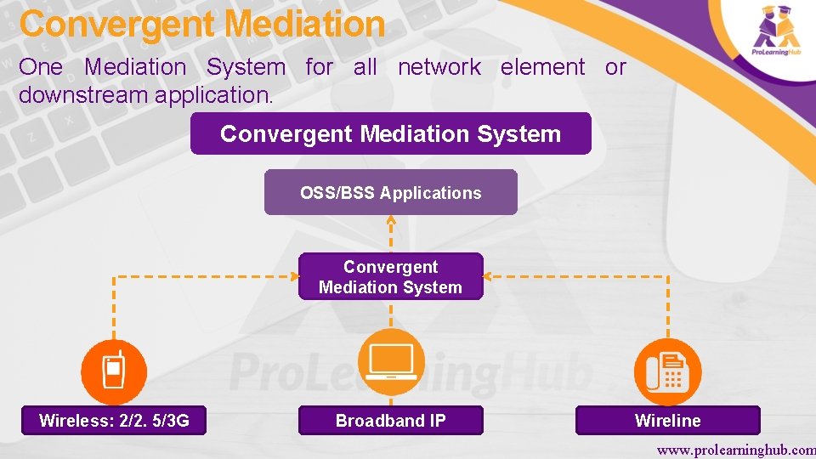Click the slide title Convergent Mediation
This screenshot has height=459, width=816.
pyautogui.click(x=202, y=25)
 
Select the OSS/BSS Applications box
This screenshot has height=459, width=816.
pyautogui.click(x=390, y=193)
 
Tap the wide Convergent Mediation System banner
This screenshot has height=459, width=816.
pyautogui.click(x=390, y=134)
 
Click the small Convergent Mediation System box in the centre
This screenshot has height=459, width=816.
pyautogui.click(x=390, y=277)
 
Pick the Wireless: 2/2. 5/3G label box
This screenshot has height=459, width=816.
pyautogui.click(x=114, y=421)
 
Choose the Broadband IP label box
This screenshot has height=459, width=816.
pyautogui.click(x=390, y=421)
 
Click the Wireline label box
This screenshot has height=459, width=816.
pyautogui.click(x=667, y=421)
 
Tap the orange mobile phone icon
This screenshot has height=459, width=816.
pyautogui.click(x=114, y=371)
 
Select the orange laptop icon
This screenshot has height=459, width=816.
pyautogui.click(x=390, y=362)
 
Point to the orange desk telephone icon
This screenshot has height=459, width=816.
pyautogui.click(x=667, y=371)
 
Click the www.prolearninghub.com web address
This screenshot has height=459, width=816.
pyautogui.click(x=736, y=448)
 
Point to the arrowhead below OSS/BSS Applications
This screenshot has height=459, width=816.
pyautogui.click(x=390, y=220)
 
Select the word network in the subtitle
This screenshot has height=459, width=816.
pyautogui.click(x=439, y=67)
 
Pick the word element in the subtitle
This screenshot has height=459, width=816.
pyautogui.click(x=542, y=67)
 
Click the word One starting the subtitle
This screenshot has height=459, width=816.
pyautogui.click(x=41, y=67)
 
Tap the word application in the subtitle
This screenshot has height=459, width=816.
pyautogui.click(x=212, y=95)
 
